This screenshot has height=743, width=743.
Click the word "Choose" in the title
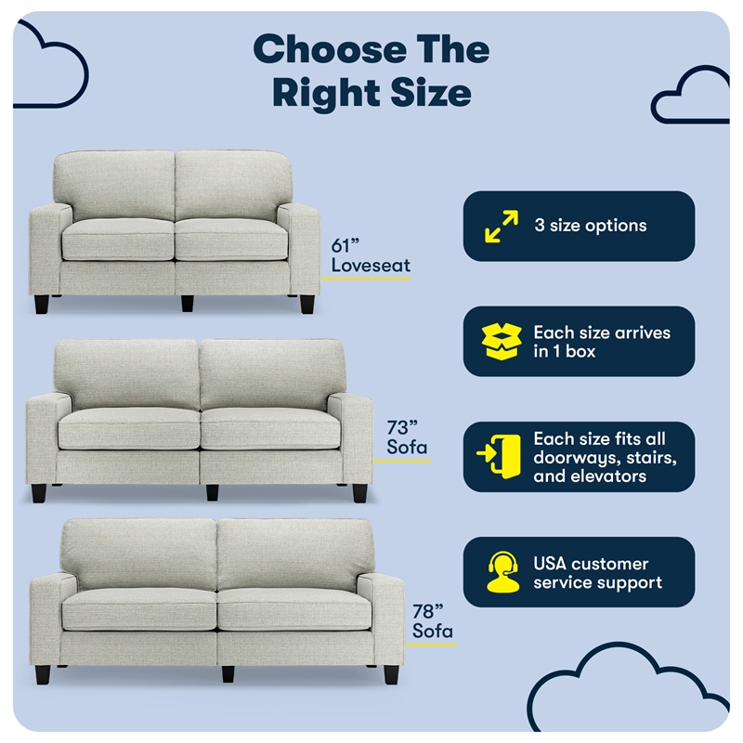(x=331, y=49)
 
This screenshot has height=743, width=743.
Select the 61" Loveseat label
(x=371, y=255)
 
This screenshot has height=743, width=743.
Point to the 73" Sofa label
(x=407, y=437)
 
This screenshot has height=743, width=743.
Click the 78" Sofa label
(x=433, y=621)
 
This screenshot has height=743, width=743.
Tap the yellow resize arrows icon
(x=502, y=227)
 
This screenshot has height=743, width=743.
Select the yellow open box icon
(x=502, y=341)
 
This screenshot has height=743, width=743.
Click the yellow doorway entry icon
(x=499, y=456)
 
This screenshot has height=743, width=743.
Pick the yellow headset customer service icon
(x=502, y=572)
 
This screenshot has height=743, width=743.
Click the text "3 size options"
(x=591, y=226)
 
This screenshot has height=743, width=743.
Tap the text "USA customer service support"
(x=597, y=573)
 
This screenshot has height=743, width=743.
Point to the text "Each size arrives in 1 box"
(x=602, y=342)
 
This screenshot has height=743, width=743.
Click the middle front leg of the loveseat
(x=188, y=304)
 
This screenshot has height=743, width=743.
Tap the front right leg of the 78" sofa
(x=391, y=674)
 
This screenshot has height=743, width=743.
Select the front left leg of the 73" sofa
(x=38, y=493)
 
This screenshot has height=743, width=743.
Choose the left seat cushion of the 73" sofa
(x=129, y=429)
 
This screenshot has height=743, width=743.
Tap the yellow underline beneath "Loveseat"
(x=366, y=278)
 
